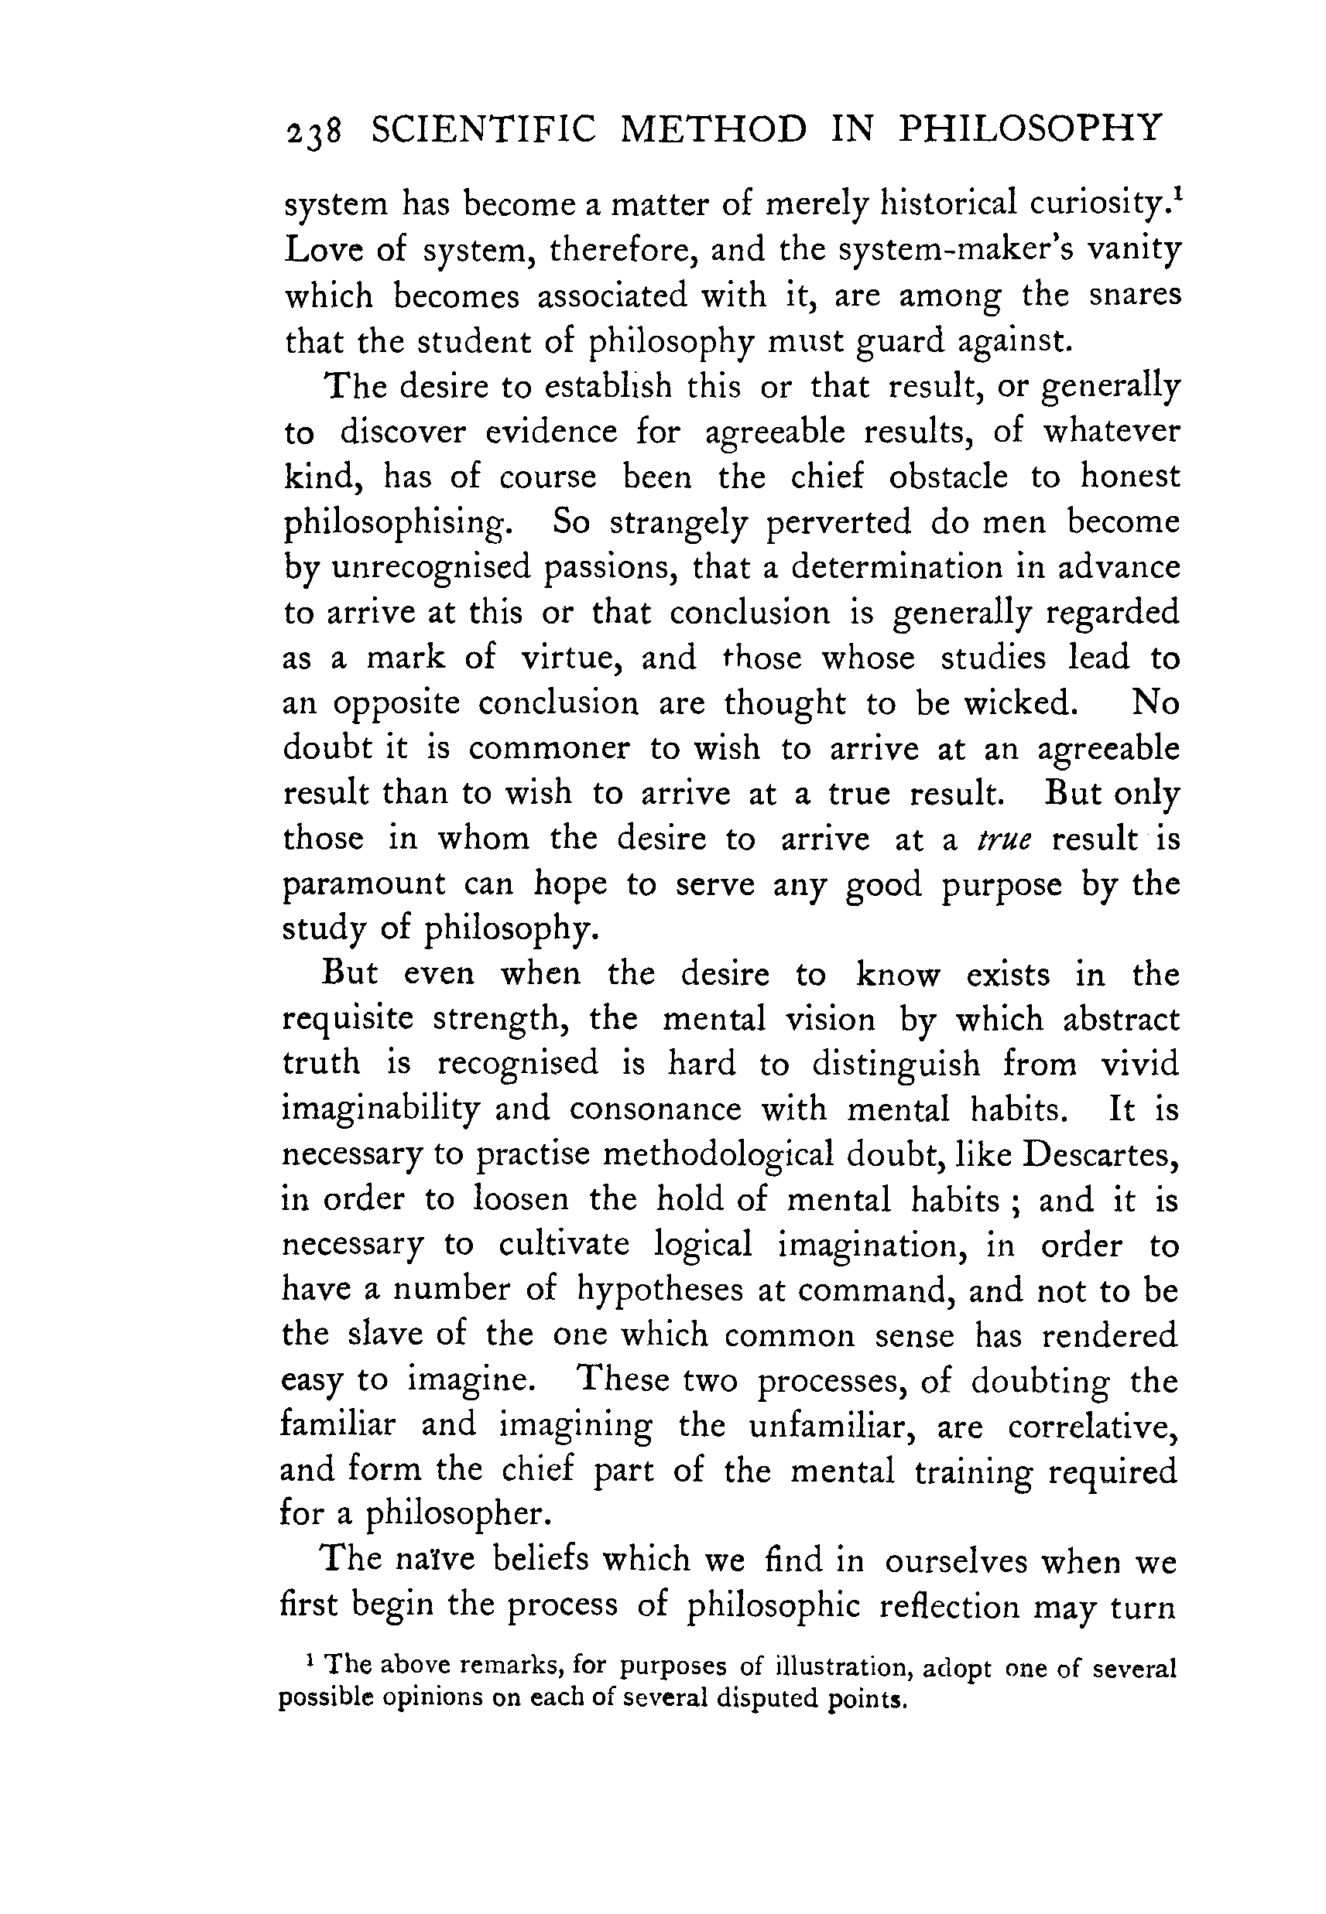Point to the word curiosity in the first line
click(1098, 204)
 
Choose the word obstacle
click(948, 477)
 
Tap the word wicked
click(1019, 703)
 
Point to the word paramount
click(364, 884)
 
